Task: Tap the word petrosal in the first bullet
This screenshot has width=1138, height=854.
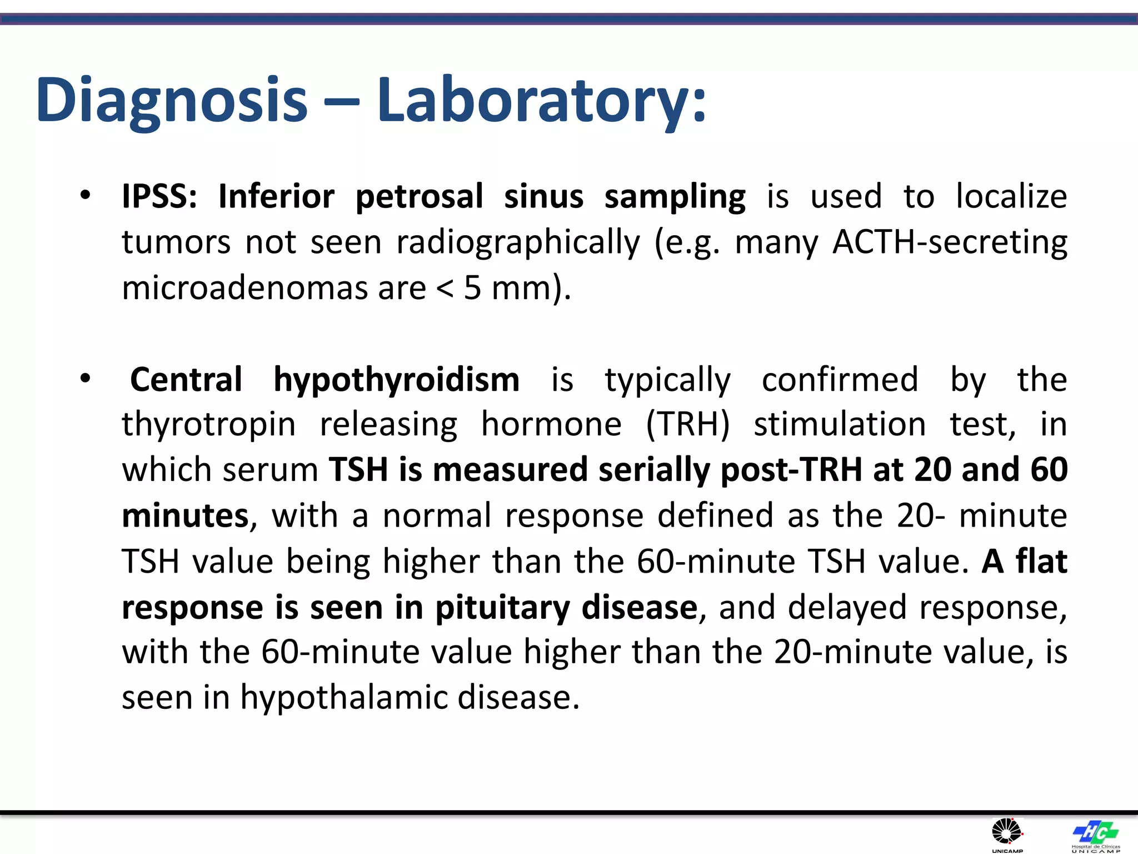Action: [x=420, y=197]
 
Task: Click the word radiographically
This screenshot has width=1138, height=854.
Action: [x=518, y=243]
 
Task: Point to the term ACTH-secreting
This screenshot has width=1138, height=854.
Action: [x=950, y=243]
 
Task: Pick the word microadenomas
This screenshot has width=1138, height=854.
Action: [x=244, y=288]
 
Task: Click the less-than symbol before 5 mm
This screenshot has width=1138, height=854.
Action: [x=445, y=288]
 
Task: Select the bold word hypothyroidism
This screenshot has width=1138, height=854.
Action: [x=396, y=381]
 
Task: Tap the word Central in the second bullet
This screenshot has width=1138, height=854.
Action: [x=186, y=380]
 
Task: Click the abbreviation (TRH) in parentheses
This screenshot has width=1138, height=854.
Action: [x=688, y=425]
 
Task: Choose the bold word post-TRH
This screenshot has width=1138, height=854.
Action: [x=791, y=470]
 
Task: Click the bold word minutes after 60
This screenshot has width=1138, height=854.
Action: [x=185, y=515]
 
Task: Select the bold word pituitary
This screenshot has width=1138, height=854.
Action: [x=502, y=608]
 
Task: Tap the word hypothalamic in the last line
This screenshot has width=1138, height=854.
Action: [x=343, y=698]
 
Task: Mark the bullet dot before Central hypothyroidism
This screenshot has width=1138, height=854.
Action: [x=85, y=379]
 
